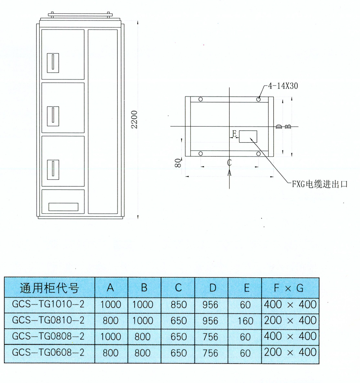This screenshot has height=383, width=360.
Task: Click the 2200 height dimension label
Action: (x=134, y=119)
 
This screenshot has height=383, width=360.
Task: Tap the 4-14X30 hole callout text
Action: (x=283, y=86)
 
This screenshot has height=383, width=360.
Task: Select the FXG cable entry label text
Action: (x=320, y=184)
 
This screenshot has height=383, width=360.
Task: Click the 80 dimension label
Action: (x=178, y=163)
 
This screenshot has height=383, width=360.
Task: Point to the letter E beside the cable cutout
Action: (x=234, y=134)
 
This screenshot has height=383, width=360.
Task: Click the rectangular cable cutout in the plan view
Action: (x=248, y=137)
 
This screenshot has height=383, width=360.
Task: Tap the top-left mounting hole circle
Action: (x=201, y=99)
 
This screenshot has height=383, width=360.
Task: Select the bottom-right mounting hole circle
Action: (x=258, y=154)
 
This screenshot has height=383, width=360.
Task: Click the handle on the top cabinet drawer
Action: (x=53, y=63)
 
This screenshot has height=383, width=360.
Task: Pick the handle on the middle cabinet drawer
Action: (x=53, y=116)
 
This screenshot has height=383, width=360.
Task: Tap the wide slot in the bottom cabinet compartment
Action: (x=63, y=207)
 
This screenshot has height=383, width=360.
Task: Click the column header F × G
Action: (x=289, y=288)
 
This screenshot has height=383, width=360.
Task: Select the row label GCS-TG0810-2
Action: (x=48, y=320)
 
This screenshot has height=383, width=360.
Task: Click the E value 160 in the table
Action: (x=245, y=321)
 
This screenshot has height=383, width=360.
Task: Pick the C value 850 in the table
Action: (x=179, y=305)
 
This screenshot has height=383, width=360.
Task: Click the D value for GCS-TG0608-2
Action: (x=210, y=353)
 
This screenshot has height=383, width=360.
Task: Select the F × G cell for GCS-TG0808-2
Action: (x=290, y=336)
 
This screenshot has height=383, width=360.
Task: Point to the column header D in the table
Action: (x=213, y=288)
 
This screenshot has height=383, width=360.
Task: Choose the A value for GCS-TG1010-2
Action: (x=111, y=305)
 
